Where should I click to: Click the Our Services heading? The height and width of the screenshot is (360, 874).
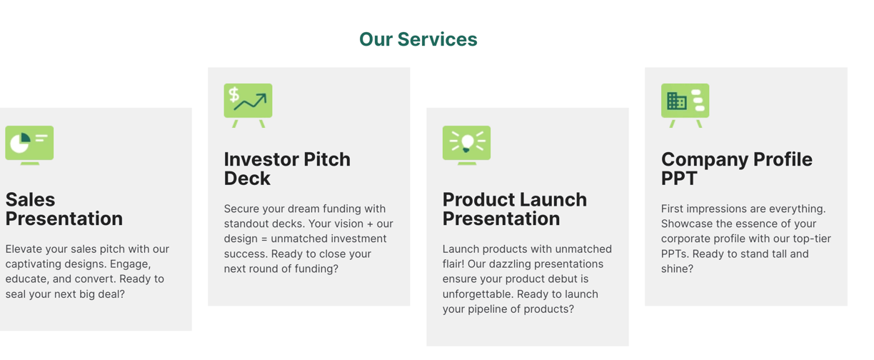pyautogui.click(x=418, y=39)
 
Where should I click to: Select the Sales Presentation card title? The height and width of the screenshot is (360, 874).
pyautogui.click(x=64, y=209)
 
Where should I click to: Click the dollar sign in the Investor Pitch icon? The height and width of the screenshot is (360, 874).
pyautogui.click(x=233, y=94)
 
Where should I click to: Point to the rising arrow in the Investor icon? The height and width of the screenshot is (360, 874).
pyautogui.click(x=251, y=101)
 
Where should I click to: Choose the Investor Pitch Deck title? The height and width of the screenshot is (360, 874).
pyautogui.click(x=287, y=169)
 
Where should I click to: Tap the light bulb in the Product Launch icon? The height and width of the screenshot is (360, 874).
pyautogui.click(x=467, y=143)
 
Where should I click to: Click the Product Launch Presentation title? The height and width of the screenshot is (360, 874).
pyautogui.click(x=515, y=209)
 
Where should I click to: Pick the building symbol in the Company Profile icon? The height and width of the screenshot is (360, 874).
pyautogui.click(x=677, y=101)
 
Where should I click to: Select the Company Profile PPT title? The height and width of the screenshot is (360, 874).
pyautogui.click(x=737, y=169)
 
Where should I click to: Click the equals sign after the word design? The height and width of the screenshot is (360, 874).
pyautogui.click(x=263, y=239)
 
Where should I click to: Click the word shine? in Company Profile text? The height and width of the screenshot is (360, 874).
pyautogui.click(x=677, y=269)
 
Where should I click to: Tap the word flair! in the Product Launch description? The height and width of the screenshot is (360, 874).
pyautogui.click(x=453, y=264)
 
